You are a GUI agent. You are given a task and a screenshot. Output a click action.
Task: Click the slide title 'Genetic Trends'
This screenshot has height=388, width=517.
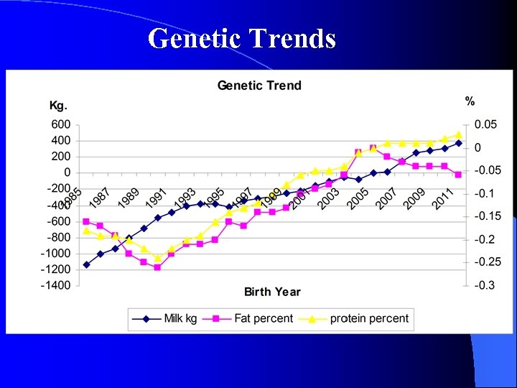(x=242, y=38)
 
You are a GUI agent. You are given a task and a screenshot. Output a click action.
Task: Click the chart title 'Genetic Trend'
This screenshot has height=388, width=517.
(x=259, y=86)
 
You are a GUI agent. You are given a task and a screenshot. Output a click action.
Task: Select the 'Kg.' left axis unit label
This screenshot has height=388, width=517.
(x=58, y=106)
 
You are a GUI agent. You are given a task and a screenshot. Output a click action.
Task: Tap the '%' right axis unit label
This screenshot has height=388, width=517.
(x=470, y=101)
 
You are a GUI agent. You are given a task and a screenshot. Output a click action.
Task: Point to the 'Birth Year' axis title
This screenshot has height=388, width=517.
(x=272, y=292)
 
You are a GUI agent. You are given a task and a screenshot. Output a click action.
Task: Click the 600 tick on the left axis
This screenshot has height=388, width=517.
(x=60, y=124)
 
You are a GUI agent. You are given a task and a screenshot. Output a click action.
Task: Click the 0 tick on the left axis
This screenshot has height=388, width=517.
(x=67, y=172)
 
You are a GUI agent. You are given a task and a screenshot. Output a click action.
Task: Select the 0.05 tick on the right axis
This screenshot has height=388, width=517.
(x=485, y=124)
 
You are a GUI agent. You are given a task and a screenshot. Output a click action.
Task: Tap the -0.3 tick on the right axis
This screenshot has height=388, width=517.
(x=485, y=285)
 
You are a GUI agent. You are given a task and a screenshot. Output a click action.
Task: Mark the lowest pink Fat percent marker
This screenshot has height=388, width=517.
(x=157, y=267)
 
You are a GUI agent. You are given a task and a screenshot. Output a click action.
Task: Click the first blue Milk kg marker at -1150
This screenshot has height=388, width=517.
(x=86, y=264)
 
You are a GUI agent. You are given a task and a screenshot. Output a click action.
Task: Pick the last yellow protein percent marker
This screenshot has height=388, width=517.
(x=458, y=135)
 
